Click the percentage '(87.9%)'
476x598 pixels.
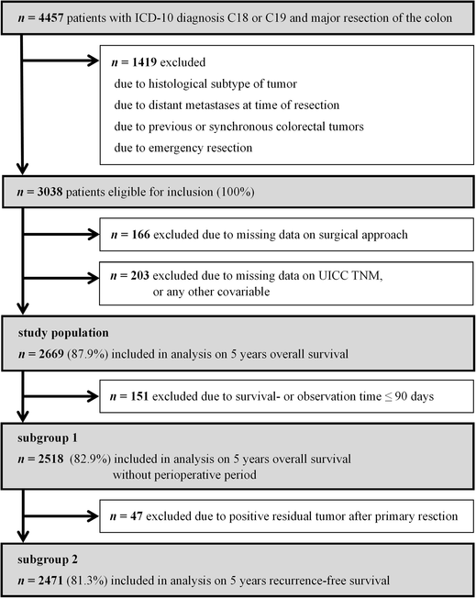tap(96, 351)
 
